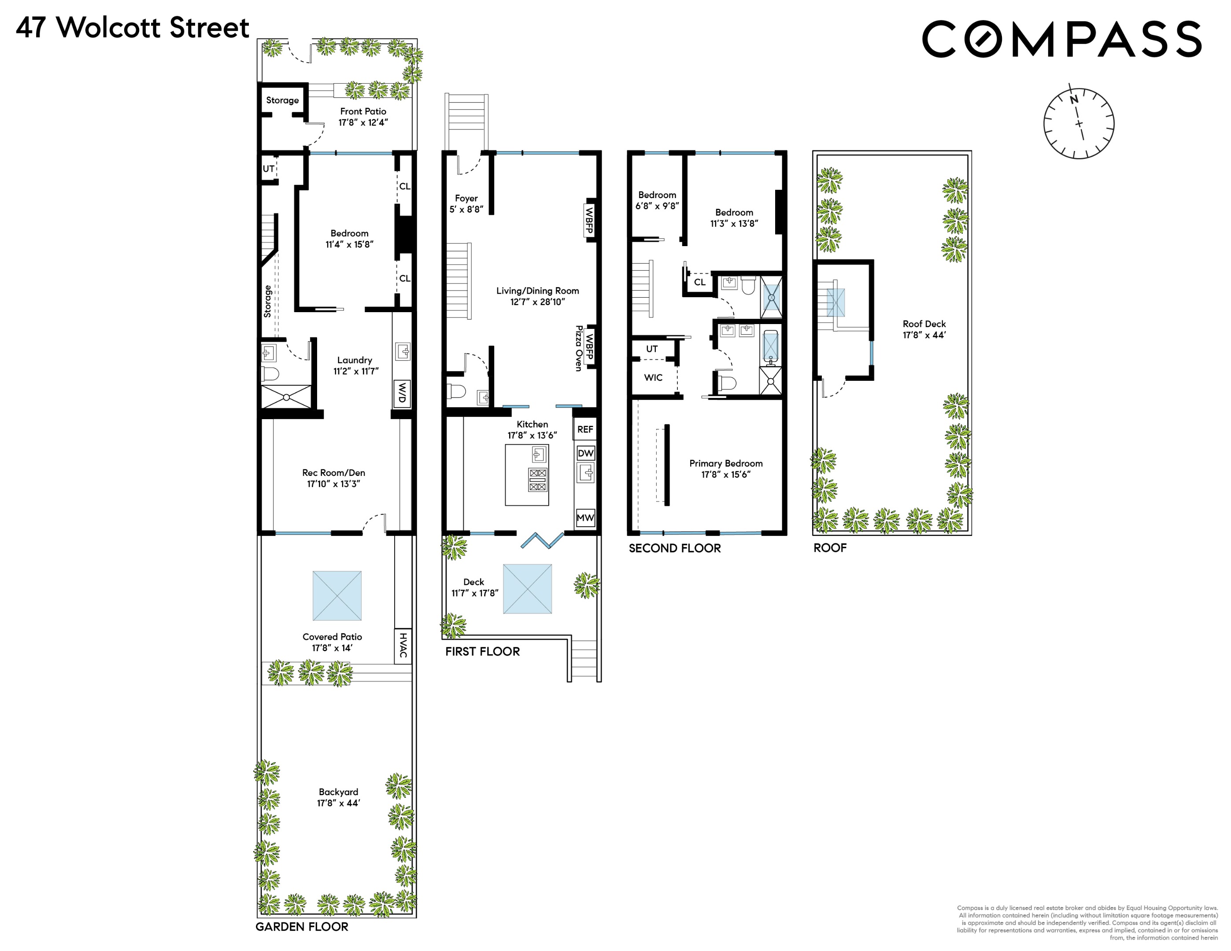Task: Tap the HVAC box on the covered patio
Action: tap(403, 645)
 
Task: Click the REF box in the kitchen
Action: tap(585, 429)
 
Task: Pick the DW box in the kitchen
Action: tap(586, 453)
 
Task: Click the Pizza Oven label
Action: tap(578, 348)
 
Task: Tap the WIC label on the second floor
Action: tap(653, 377)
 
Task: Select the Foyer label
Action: tap(466, 198)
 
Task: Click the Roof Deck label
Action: tap(924, 324)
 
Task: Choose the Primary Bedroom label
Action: tap(726, 463)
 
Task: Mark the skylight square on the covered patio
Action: tap(337, 596)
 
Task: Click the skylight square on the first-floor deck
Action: tap(528, 589)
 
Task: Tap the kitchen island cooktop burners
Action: tap(538, 479)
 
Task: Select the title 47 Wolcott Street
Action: tap(133, 28)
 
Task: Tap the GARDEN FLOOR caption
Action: tap(302, 927)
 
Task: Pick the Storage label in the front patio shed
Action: tap(282, 100)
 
